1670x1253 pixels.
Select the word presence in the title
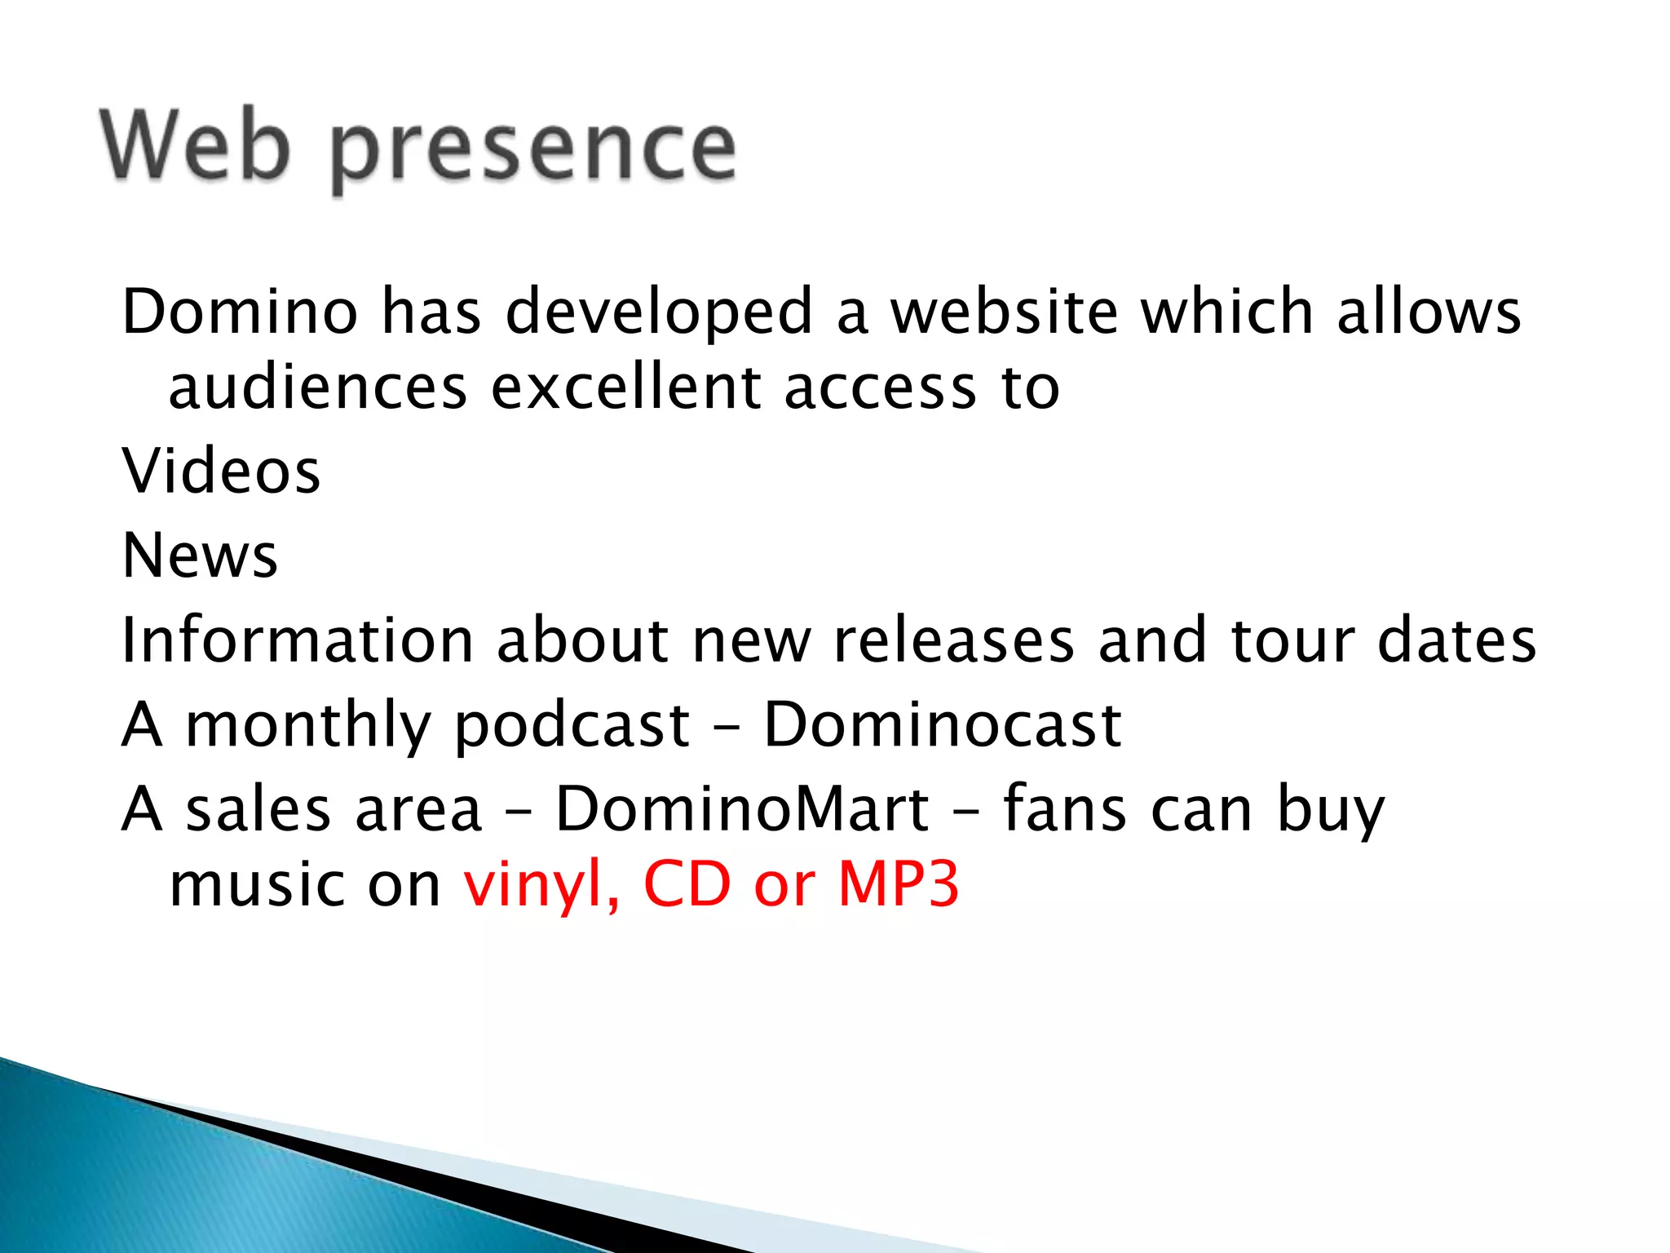coord(534,151)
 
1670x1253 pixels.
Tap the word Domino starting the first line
coord(240,312)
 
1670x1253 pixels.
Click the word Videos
coord(221,472)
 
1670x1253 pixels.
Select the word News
coord(200,556)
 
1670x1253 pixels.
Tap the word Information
coord(298,640)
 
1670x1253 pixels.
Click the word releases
coord(954,640)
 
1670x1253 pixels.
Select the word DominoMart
coord(742,809)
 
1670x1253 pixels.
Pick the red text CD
coord(687,884)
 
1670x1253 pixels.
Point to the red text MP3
coord(899,884)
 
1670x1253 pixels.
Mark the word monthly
coord(308,726)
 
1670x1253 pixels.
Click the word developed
coord(659,313)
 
